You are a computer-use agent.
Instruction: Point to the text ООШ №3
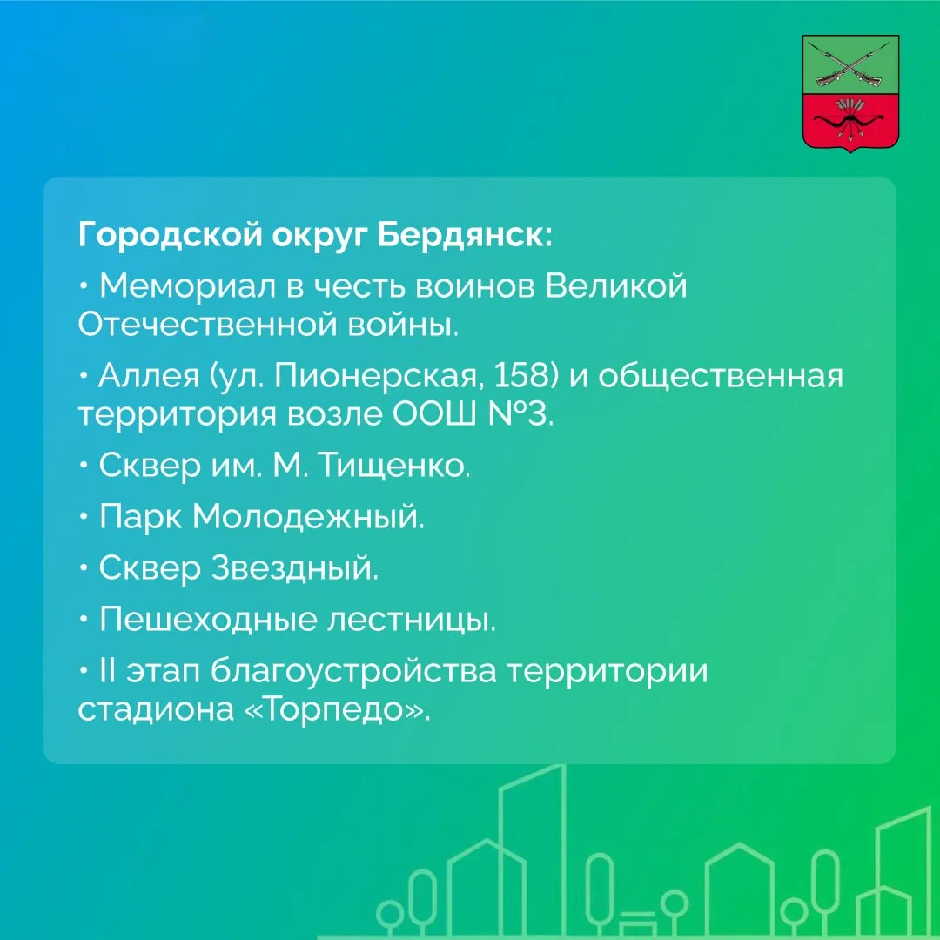(473, 414)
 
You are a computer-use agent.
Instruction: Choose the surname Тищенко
(393, 465)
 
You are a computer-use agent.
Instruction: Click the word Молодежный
(308, 516)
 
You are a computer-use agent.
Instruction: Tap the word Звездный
(295, 567)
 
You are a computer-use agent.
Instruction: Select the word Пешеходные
(207, 619)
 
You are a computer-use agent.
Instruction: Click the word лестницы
(411, 620)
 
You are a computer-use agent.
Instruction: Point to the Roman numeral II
(107, 669)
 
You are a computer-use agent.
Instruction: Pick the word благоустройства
(353, 671)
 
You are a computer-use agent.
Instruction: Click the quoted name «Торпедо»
(338, 709)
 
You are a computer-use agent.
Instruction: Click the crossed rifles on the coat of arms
(850, 66)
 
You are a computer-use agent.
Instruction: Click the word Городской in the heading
(170, 234)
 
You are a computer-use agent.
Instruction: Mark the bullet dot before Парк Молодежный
(84, 516)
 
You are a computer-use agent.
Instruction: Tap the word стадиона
(156, 709)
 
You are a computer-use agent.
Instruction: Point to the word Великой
(615, 285)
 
